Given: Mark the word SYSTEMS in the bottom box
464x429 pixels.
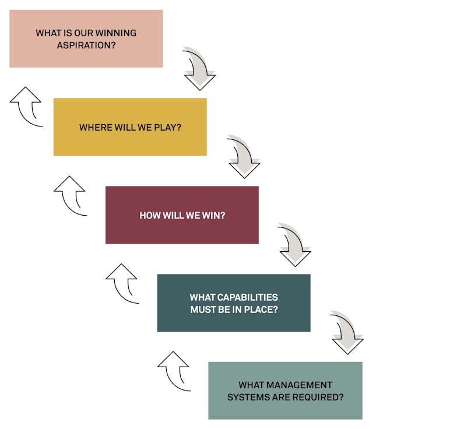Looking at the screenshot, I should pyautogui.click(x=245, y=398).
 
